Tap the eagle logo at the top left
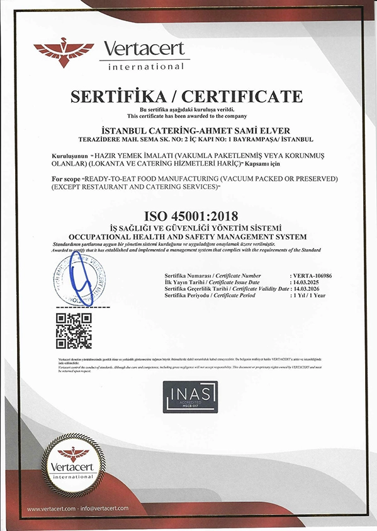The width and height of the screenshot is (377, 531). (x=63, y=52)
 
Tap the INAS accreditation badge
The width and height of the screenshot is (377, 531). (x=188, y=397)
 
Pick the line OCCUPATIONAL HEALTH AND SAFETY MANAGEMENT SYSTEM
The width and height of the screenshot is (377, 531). (x=188, y=236)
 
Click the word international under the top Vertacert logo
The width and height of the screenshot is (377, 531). (x=146, y=66)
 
